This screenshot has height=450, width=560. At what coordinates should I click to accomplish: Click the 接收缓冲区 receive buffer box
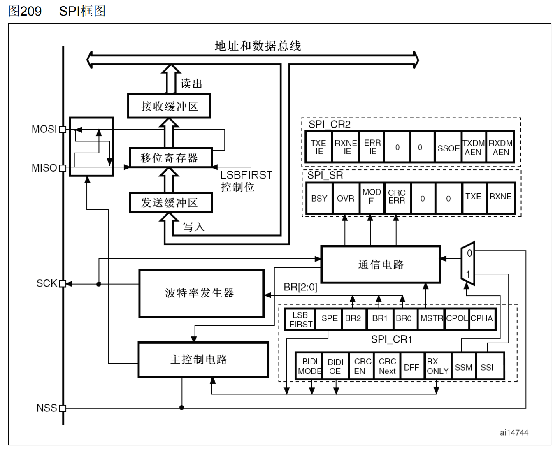point(169,106)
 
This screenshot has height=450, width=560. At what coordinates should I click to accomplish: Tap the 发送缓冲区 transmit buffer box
point(171,202)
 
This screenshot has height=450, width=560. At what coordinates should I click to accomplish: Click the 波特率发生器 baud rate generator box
point(201,293)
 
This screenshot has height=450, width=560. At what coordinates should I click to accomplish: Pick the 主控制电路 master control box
point(203,360)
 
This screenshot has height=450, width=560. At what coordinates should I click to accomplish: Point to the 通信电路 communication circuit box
point(381,264)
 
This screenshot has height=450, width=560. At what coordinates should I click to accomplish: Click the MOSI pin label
point(44,129)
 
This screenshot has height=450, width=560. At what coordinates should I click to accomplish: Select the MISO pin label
point(44,168)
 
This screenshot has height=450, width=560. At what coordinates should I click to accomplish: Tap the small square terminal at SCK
point(63,283)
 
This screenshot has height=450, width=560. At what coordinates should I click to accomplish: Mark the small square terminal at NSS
point(63,408)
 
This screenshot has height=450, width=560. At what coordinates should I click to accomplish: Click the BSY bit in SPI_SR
point(319,198)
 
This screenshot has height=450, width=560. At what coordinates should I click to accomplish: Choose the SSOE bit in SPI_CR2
point(448,148)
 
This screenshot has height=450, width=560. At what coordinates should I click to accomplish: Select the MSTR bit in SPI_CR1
point(431,318)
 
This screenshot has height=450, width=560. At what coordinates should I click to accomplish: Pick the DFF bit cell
point(411,367)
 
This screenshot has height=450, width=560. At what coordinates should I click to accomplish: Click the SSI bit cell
point(487,367)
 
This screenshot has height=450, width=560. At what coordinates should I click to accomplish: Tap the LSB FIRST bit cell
point(300,319)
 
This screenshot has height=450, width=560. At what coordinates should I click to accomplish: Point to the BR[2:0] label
point(300,287)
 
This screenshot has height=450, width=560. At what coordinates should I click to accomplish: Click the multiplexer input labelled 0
point(469,253)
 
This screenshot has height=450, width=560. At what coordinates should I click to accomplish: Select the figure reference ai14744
point(514,432)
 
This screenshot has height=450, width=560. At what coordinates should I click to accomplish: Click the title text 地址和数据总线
point(258,46)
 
